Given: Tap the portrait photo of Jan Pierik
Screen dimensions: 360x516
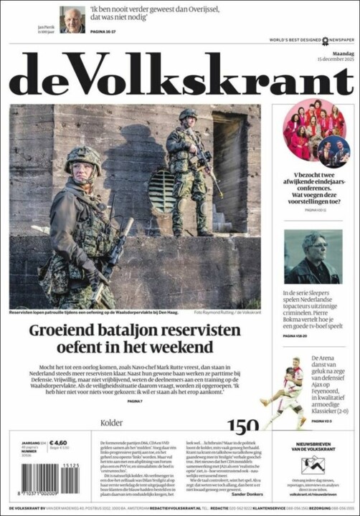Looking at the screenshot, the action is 72,19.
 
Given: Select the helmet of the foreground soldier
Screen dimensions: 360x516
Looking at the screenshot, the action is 82,158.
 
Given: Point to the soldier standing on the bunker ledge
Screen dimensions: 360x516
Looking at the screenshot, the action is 188,168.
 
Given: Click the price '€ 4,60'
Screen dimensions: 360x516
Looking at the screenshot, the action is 58,443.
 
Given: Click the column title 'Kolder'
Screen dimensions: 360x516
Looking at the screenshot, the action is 112,423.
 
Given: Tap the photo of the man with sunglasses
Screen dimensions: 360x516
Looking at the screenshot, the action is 313,257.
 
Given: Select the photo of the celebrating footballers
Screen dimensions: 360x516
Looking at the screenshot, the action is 284,394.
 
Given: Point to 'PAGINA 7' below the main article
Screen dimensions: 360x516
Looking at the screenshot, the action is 135,401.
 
